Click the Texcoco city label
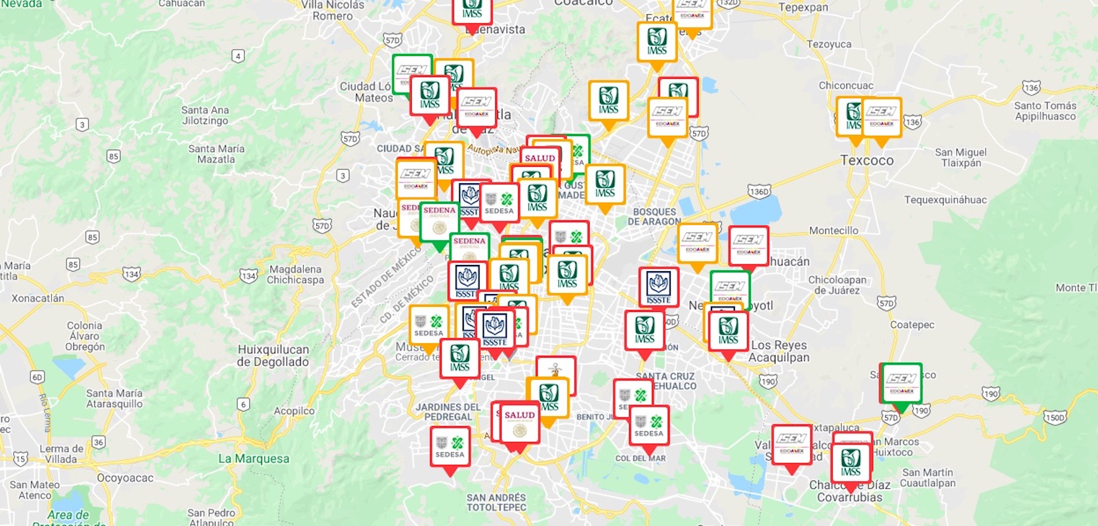[866, 160]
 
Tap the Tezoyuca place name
[829, 45]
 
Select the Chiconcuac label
[846, 86]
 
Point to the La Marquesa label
[253, 459]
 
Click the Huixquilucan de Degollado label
[273, 355]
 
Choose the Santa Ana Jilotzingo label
[205, 115]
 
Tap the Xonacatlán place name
[38, 298]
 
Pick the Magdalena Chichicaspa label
[295, 274]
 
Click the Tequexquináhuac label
[945, 200]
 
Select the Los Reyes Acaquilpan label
[779, 351]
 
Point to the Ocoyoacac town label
[125, 478]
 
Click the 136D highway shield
[759, 192]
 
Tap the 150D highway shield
[1055, 417]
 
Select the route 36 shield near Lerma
[98, 442]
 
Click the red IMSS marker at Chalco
[851, 462]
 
